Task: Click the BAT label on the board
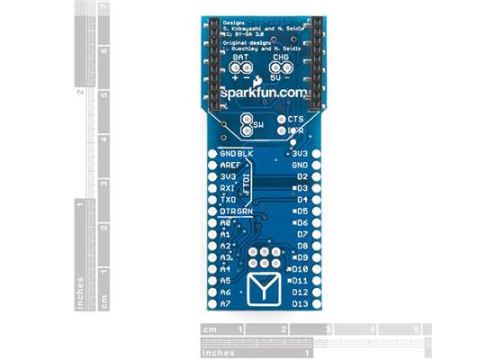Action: coord(241,57)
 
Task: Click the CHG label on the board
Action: coord(281,57)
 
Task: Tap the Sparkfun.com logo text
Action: coord(261,93)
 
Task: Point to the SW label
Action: coord(258,124)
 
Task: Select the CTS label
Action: coord(296,119)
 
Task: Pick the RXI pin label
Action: coord(228,188)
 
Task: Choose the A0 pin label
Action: coord(225,222)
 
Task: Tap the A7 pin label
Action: coord(225,303)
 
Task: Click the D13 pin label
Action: coord(300,303)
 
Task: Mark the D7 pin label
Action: coord(301,234)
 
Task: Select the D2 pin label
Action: coord(301,177)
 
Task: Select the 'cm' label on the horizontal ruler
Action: coord(210,329)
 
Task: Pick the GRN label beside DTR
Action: coord(245,211)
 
